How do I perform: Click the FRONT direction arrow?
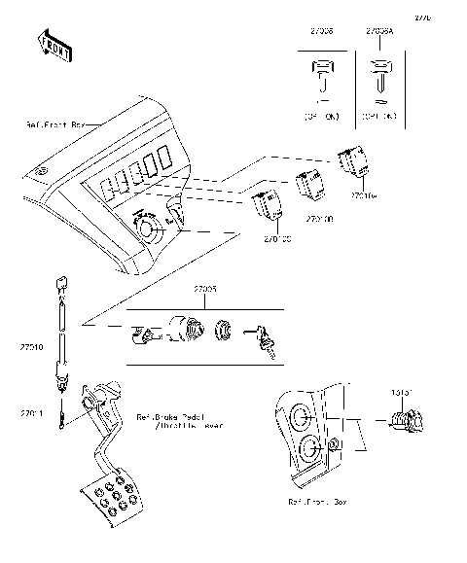click(54, 46)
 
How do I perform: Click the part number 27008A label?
click(379, 31)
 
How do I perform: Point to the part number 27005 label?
click(204, 291)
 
